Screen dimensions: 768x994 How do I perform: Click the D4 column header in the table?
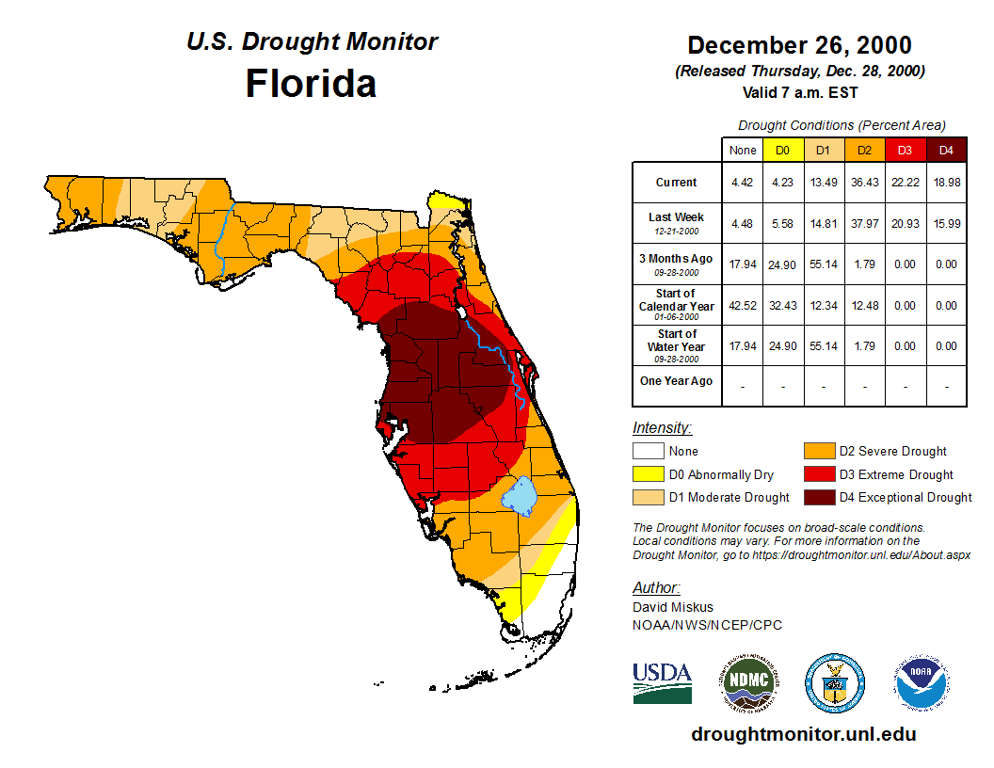(946, 150)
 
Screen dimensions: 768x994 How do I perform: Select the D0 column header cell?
(782, 150)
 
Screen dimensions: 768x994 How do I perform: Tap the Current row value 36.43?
(864, 183)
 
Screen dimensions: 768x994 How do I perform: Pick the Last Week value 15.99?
(946, 223)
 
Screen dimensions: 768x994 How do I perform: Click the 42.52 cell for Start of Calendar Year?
(742, 305)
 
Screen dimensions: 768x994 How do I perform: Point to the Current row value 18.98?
(946, 183)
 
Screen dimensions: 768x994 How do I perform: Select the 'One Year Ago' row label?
(676, 381)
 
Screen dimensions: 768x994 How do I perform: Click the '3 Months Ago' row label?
(676, 259)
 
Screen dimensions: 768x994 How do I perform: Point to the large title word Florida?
(311, 84)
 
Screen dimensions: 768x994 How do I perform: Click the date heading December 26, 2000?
(799, 45)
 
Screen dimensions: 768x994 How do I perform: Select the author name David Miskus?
(673, 607)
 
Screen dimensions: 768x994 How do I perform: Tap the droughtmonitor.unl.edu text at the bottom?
(803, 734)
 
